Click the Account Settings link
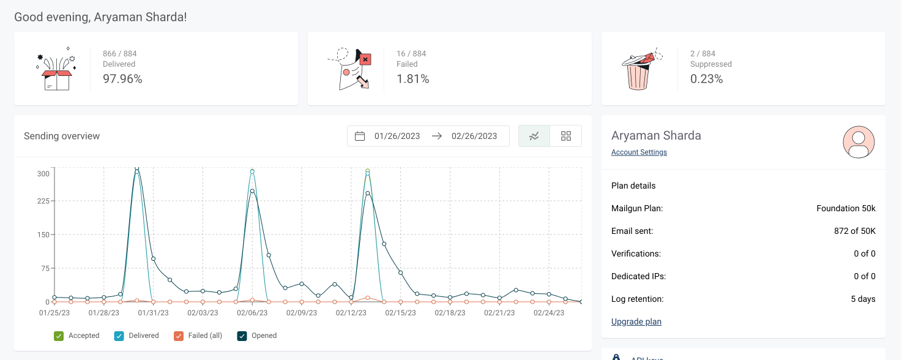coord(639,152)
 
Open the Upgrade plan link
coord(636,321)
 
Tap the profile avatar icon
coord(859,143)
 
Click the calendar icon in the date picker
coord(360,136)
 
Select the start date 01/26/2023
coord(397,136)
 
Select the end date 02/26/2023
coord(474,136)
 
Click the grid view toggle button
coord(565,136)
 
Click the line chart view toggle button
coord(534,136)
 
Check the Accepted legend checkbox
coord(59,336)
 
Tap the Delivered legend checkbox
coord(119,336)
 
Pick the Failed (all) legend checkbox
coord(179,336)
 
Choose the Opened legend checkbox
coord(242,336)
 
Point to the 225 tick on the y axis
coord(43,201)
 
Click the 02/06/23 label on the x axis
coord(252,313)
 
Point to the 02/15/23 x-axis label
coord(401,313)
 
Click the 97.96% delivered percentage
coord(122,79)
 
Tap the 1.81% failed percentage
coord(412,79)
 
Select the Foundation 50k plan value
coord(846,209)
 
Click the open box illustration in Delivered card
coord(56,72)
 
